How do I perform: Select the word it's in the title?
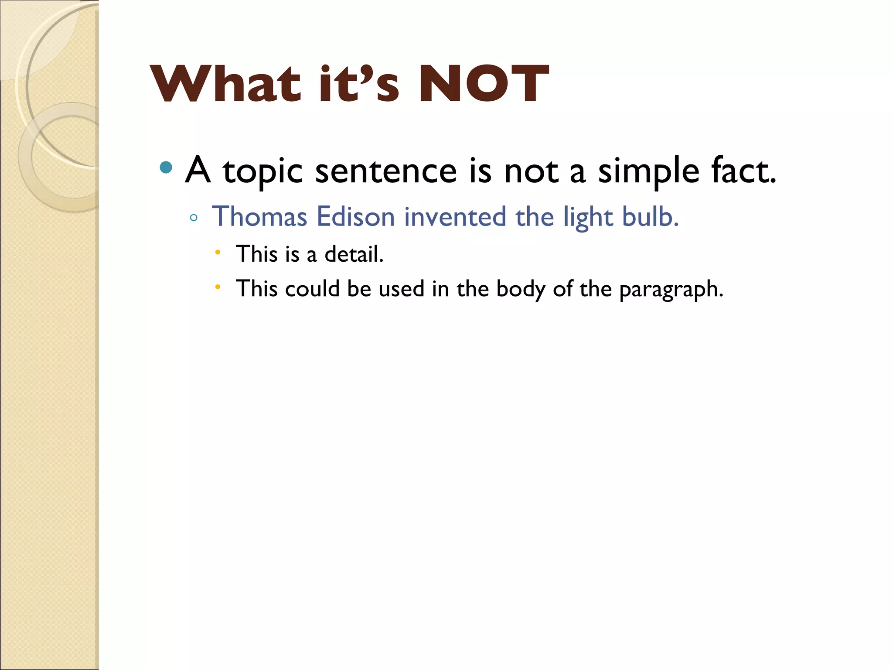click(358, 84)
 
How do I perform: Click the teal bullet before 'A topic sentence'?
click(166, 167)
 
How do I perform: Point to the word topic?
click(262, 171)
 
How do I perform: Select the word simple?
click(648, 171)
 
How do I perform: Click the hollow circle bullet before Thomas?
click(194, 218)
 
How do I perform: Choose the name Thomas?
click(260, 216)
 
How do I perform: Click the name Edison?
click(356, 216)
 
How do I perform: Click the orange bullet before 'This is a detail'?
click(218, 252)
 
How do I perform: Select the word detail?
click(354, 254)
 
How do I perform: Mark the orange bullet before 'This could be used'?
click(218, 287)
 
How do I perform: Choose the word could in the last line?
click(312, 289)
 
